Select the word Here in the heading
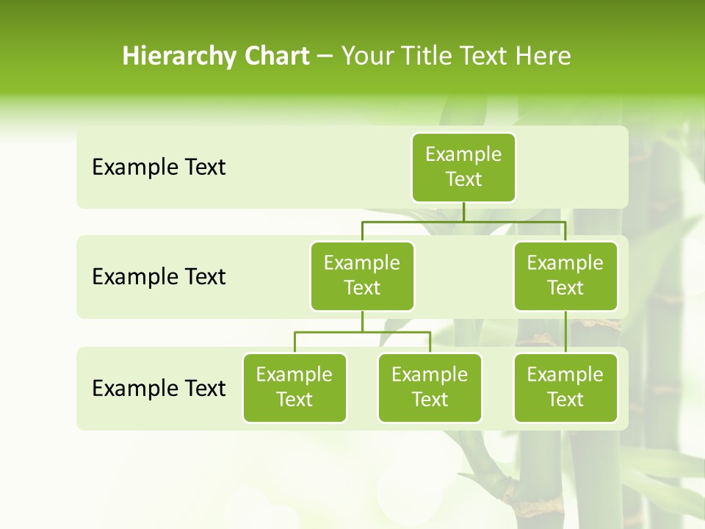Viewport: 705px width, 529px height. coord(543,57)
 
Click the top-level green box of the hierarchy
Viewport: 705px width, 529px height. coord(463,167)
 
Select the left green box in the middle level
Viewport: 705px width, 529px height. coord(362,276)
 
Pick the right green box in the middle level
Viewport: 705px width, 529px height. coord(565,276)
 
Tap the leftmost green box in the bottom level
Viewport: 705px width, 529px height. coord(294,387)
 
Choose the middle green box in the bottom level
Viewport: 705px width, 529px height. coord(430,387)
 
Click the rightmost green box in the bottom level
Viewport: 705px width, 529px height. coord(565,387)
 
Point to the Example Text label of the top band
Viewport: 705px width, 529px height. coord(159,168)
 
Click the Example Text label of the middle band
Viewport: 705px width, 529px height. coord(159,277)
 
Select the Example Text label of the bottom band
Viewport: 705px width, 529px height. coord(159,388)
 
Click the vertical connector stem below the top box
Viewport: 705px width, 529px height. coord(463,212)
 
